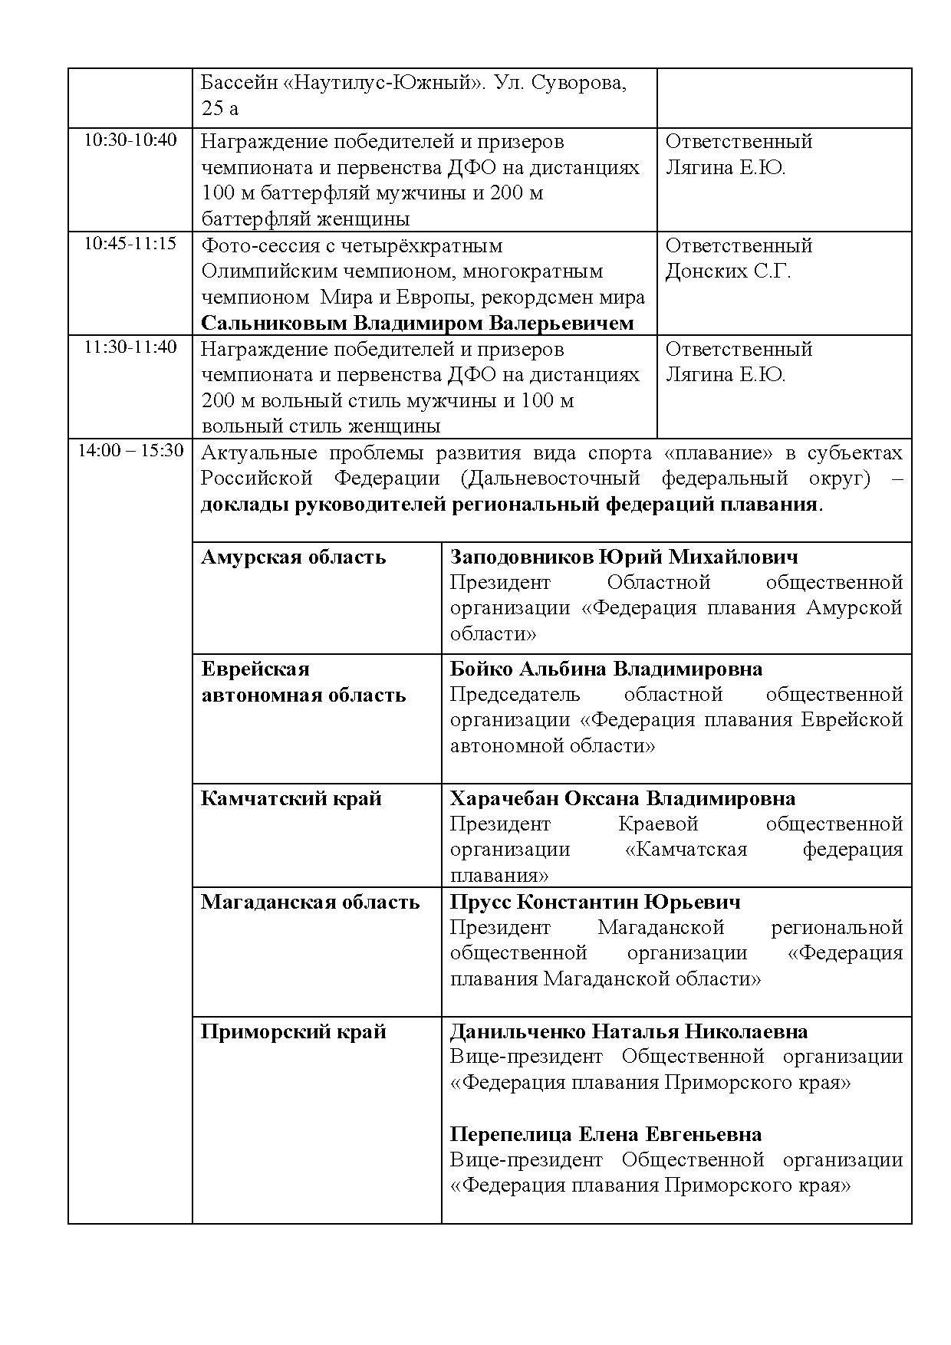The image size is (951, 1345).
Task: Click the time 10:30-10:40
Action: coord(130,140)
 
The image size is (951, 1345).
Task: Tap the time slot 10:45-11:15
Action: coord(130,244)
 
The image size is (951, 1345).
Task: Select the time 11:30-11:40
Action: coord(130,347)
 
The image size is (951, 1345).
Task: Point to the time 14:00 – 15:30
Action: coord(130,450)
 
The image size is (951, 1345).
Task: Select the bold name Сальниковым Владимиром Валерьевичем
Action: coord(417,323)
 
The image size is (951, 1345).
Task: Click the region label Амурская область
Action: coord(293,557)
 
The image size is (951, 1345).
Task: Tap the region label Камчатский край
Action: coord(291,798)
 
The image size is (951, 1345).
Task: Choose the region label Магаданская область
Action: coord(310,902)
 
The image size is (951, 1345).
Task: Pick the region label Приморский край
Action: coord(293,1031)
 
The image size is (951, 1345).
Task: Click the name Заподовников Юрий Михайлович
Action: coord(624,557)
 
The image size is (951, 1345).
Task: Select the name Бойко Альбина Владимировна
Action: coord(606,669)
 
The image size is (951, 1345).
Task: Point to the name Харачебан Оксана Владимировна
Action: coord(622,798)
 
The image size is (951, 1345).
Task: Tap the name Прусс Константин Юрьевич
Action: coord(595,902)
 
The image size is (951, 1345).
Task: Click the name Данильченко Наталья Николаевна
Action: coord(628,1031)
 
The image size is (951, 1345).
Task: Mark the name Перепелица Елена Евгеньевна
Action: coord(605,1134)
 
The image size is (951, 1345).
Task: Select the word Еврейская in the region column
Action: coord(255,669)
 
